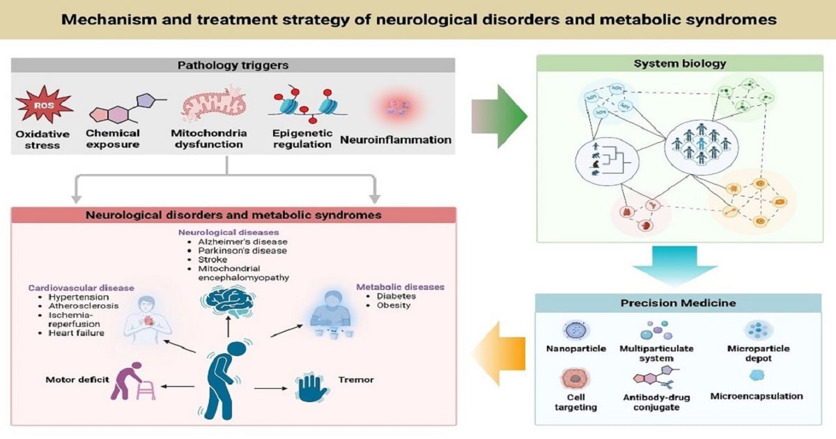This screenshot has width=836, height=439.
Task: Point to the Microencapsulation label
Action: click(756, 396)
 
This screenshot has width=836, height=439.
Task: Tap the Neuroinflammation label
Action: click(396, 139)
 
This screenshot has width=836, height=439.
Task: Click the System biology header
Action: click(679, 63)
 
